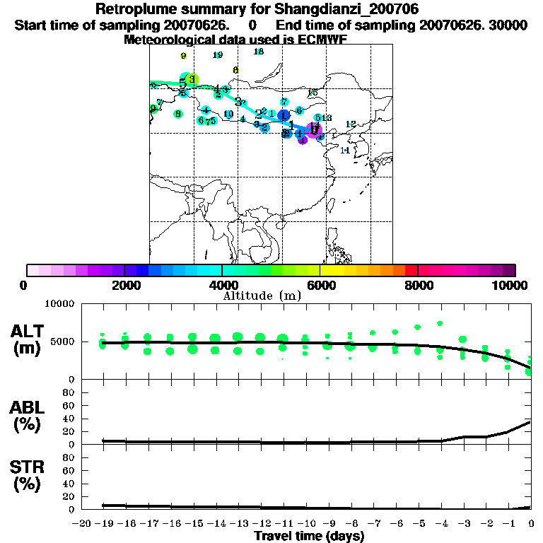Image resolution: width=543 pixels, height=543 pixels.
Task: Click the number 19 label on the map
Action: [218, 55]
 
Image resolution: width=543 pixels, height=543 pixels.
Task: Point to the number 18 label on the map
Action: [259, 52]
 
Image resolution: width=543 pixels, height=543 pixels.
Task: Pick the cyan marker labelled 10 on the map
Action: [228, 114]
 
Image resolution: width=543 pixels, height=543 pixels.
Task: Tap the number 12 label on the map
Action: [350, 124]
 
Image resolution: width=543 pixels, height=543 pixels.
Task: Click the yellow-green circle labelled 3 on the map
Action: [192, 79]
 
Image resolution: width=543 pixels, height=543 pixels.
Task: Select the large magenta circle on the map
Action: [315, 129]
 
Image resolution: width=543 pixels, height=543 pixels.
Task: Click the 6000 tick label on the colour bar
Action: [320, 285]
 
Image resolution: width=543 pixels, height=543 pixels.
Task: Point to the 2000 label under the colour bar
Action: [124, 285]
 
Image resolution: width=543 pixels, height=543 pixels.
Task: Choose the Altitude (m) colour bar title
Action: [262, 296]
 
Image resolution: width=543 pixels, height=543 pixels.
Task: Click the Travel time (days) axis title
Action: [309, 536]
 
